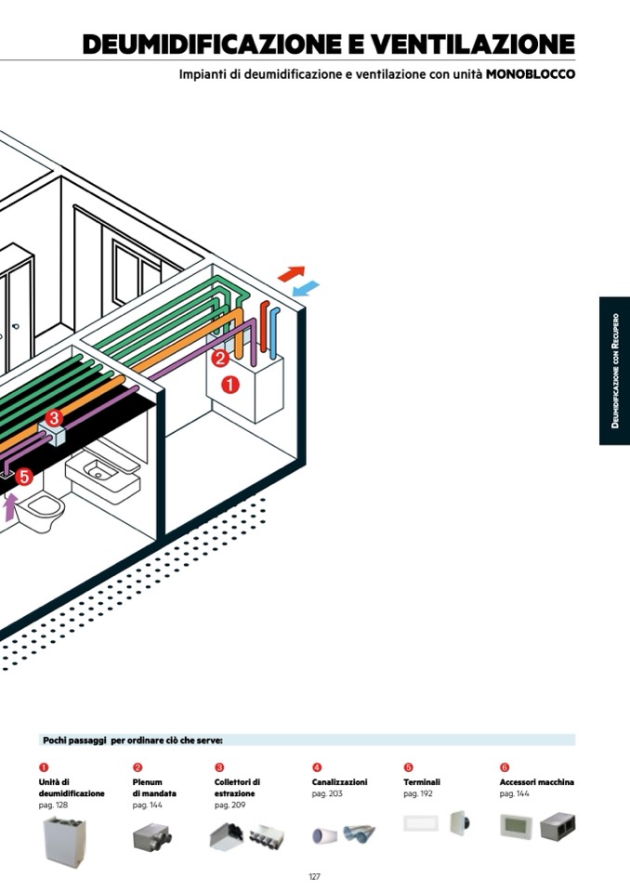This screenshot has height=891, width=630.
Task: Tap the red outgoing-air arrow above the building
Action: tap(292, 273)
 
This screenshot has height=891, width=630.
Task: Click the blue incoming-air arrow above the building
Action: tap(306, 289)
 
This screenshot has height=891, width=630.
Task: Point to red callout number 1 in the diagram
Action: tap(230, 383)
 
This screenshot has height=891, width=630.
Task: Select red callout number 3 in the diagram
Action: tap(54, 418)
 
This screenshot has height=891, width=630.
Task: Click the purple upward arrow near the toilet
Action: tap(10, 507)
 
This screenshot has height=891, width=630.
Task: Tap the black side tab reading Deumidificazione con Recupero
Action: tap(614, 372)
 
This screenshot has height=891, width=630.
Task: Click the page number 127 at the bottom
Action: tap(314, 876)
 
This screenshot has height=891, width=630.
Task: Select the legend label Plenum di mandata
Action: tap(153, 788)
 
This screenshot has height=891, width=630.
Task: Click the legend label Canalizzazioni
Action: tap(339, 782)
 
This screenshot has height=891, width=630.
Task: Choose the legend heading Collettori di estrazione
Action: tap(237, 788)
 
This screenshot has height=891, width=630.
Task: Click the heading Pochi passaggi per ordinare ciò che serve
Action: tap(133, 740)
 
